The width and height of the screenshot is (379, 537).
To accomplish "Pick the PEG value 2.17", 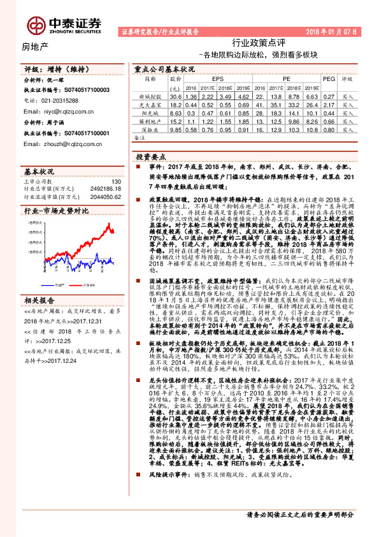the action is (x=329, y=103).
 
